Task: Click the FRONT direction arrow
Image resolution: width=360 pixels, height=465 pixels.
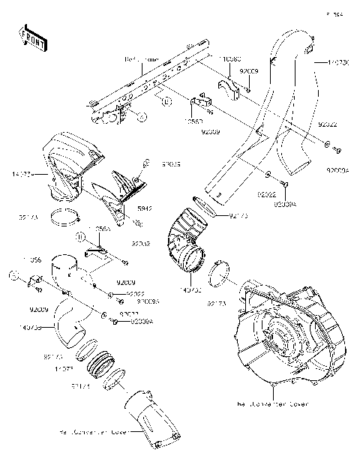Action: click(28, 35)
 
